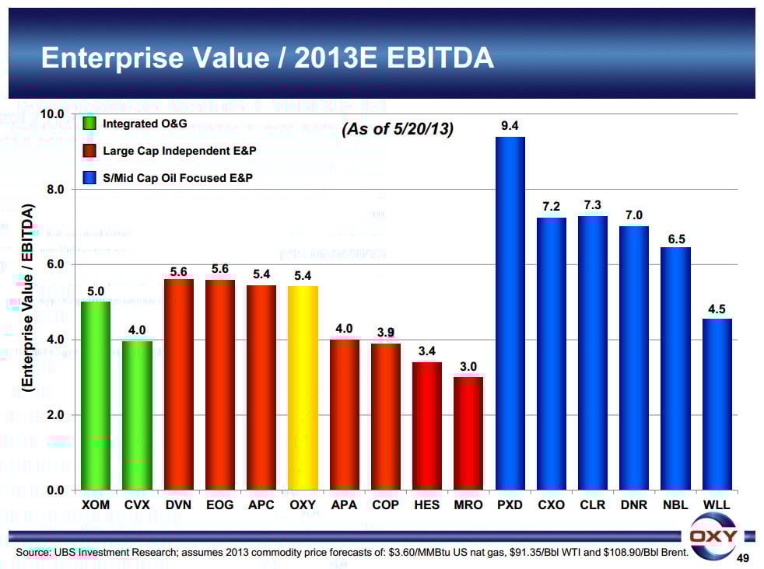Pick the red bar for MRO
(x=468, y=433)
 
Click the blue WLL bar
(x=717, y=403)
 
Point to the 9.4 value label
(x=510, y=125)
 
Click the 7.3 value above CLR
(x=593, y=204)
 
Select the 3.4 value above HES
(x=426, y=351)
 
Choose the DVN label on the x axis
(x=179, y=505)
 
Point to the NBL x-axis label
(x=676, y=505)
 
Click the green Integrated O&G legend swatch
(x=89, y=123)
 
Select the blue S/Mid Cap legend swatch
(x=89, y=178)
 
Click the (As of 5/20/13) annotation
(x=397, y=130)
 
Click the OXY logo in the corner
(x=713, y=537)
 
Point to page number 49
(x=742, y=558)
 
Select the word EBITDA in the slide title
(x=431, y=58)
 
